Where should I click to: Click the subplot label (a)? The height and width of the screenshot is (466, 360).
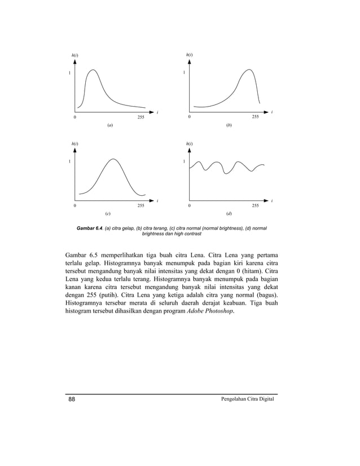110,125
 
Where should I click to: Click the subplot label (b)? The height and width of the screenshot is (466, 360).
229,125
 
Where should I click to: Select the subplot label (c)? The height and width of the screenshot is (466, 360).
108,214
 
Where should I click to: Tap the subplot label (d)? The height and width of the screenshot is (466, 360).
229,214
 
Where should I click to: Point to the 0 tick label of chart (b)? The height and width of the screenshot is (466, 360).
190,117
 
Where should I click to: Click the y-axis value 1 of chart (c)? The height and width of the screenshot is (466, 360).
69,162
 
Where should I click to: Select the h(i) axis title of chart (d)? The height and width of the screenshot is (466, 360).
190,144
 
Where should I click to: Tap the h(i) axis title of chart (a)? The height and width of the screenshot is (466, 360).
74,55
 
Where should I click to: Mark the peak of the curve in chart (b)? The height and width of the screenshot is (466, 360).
248,69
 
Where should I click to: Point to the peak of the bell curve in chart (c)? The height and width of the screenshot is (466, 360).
113,159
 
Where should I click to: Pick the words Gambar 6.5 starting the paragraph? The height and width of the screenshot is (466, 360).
82,250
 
